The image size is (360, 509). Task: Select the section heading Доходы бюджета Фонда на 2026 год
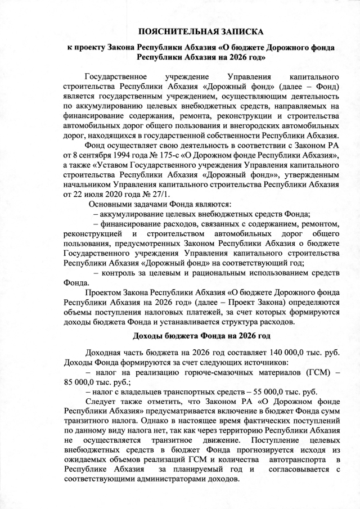pos(201,336)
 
